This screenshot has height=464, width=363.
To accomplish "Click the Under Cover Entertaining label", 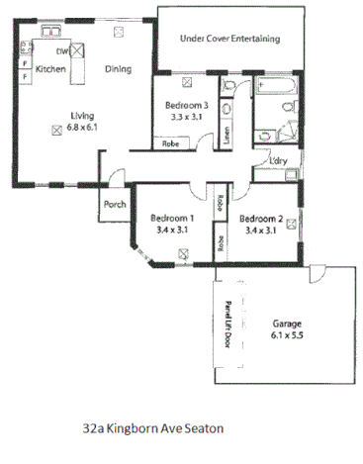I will pyautogui.click(x=228, y=39).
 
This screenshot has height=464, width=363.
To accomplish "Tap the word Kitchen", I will pyautogui.click(x=50, y=70).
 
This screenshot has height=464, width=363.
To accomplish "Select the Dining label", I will pyautogui.click(x=120, y=70).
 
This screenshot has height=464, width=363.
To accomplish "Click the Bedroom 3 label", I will pyautogui.click(x=188, y=105).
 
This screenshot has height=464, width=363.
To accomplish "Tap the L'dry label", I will pyautogui.click(x=277, y=162).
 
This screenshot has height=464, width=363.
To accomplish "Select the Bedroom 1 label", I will pyautogui.click(x=171, y=219).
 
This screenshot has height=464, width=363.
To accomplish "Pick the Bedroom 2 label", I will pyautogui.click(x=261, y=219).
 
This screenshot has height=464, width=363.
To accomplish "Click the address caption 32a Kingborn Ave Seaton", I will pyautogui.click(x=152, y=429).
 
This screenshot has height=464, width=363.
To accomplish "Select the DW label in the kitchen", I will pyautogui.click(x=61, y=51).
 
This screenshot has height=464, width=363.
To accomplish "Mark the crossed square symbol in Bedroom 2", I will pyautogui.click(x=292, y=224).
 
